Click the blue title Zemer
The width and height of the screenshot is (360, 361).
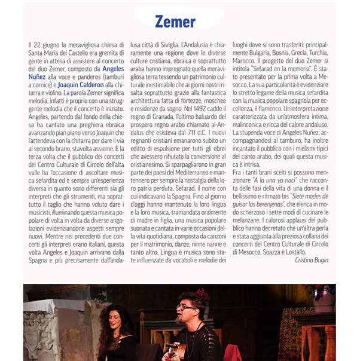[175, 22]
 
